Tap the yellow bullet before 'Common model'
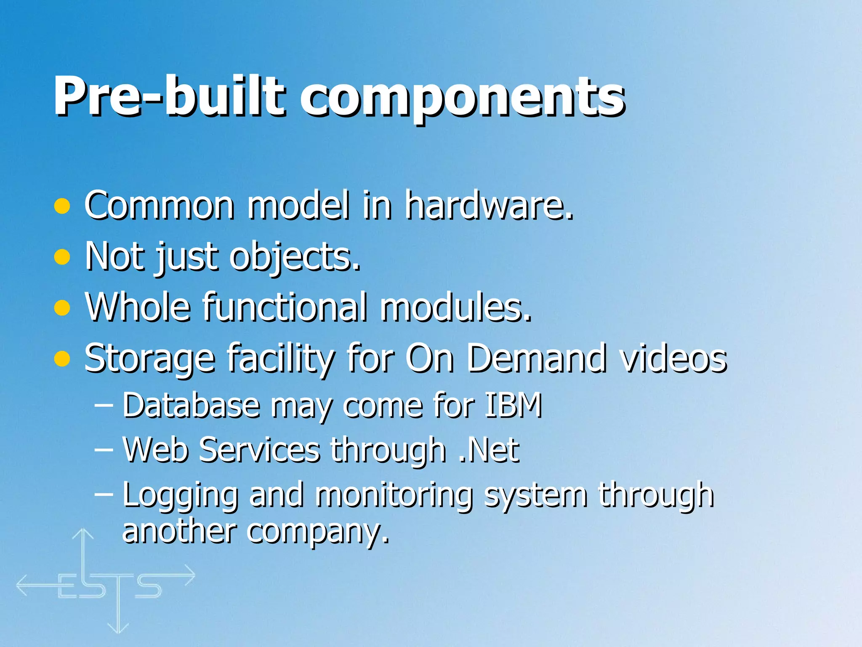[62, 206]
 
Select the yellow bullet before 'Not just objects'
[62, 257]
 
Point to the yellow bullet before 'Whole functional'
[62, 307]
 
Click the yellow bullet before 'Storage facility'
[62, 358]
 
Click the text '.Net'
[489, 450]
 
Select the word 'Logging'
[180, 495]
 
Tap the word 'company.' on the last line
[318, 532]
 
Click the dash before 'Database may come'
[104, 405]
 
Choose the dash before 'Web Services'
[104, 449]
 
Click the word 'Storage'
[149, 358]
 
